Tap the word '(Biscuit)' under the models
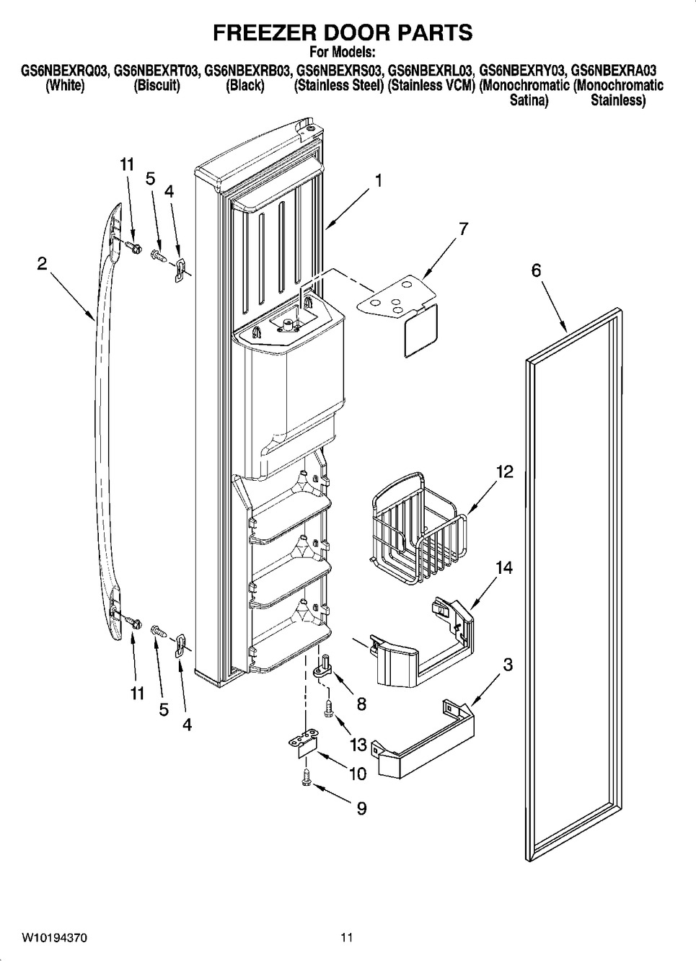pos(157,86)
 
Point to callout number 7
pos(462,229)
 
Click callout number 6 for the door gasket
pos(536,270)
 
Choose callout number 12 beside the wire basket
pos(504,472)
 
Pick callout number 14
pos(504,568)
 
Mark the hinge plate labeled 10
pos(304,743)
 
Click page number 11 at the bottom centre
pos(347,938)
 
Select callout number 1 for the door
pos(378,180)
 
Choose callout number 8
pos(361,703)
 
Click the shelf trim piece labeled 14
pos(422,649)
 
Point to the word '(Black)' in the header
pos(245,86)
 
